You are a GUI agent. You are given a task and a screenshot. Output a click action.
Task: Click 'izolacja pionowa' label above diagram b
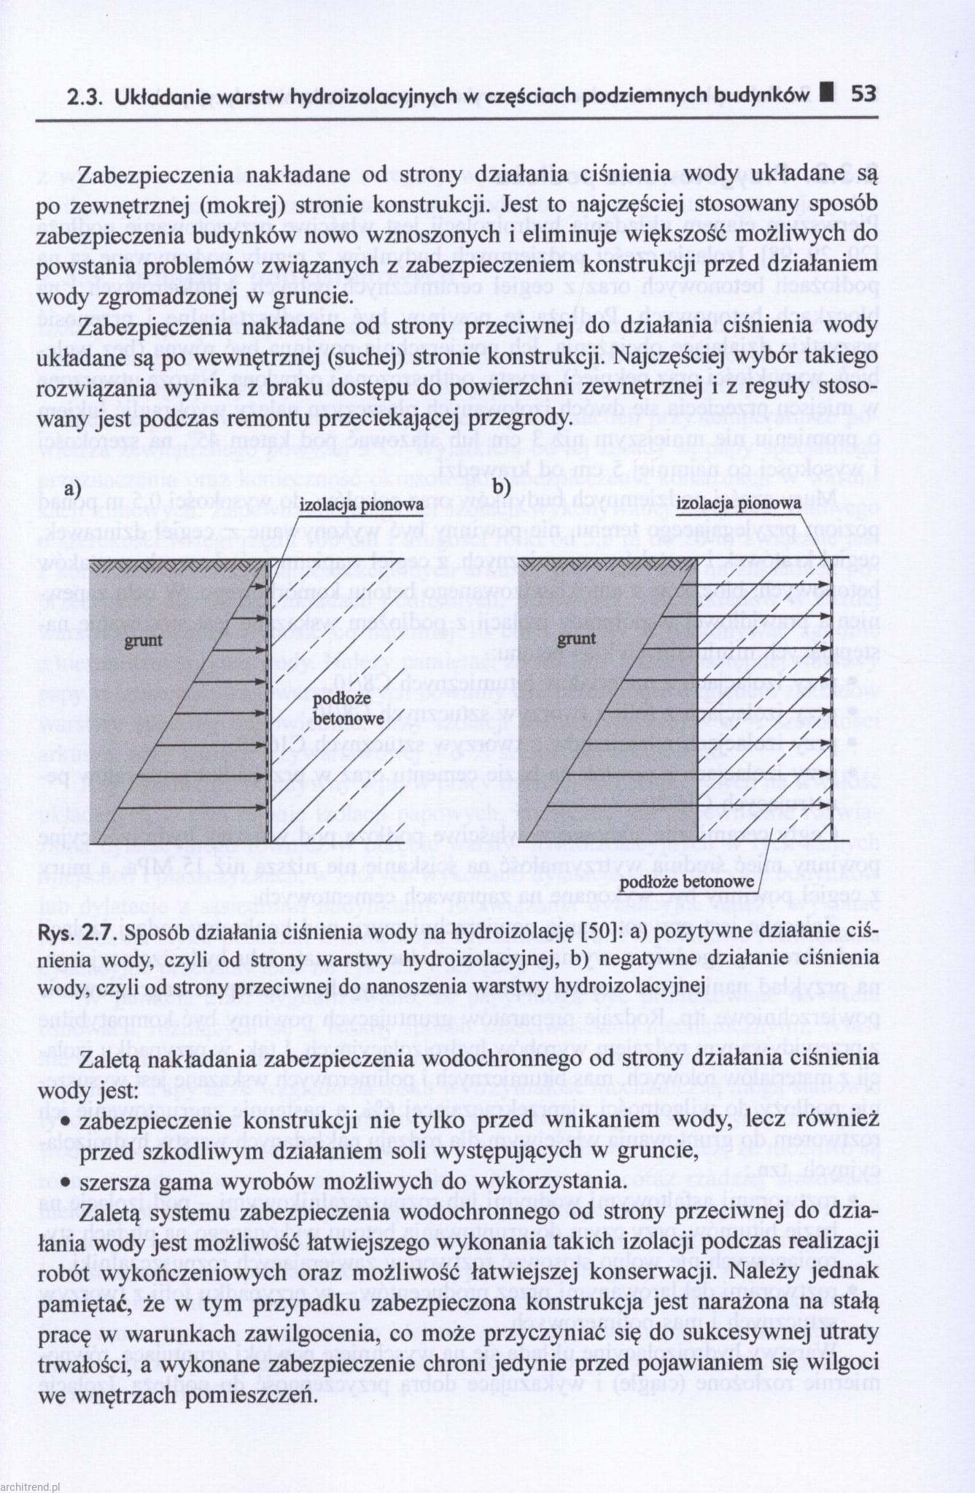click(x=739, y=503)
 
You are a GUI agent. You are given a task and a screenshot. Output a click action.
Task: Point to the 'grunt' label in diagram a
click(x=143, y=641)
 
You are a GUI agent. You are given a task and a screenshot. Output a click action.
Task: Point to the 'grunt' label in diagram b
click(x=576, y=640)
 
